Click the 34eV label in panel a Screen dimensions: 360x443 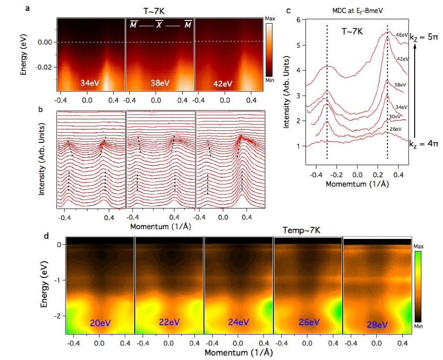89,84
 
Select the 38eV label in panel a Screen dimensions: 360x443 159,84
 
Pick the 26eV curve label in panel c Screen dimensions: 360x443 395,129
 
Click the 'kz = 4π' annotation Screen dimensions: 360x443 424,144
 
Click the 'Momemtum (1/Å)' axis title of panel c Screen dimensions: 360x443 357,183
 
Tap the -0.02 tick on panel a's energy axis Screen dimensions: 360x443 46,67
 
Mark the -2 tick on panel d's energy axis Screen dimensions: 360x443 58,316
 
